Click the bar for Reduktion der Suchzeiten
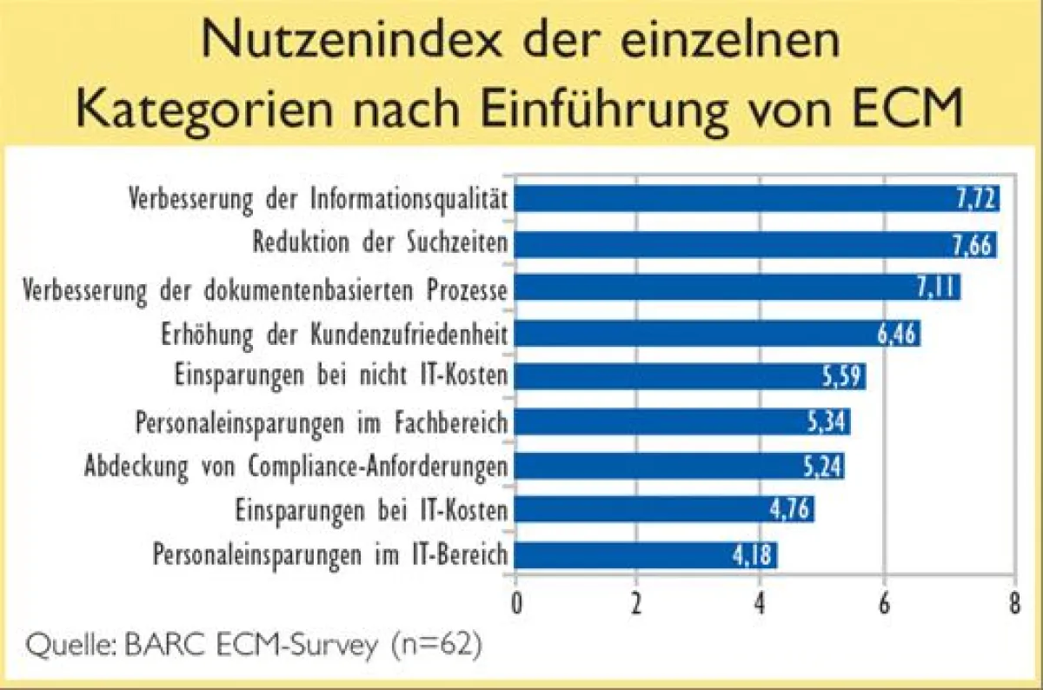point(755,244)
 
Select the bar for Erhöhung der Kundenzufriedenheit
point(717,334)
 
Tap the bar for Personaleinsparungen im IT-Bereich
point(645,555)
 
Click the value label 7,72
point(976,199)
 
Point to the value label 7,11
point(937,289)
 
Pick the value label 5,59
point(843,376)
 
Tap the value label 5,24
point(823,466)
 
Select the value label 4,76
point(789,510)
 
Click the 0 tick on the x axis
point(516,603)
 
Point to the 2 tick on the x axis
point(636,603)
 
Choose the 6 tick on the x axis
point(884,603)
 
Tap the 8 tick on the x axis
point(1015,603)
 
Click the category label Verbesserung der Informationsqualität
point(318,200)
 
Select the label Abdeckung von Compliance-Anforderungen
point(296,467)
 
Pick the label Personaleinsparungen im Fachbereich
point(322,423)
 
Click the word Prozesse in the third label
point(467,290)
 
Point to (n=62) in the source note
point(436,646)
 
